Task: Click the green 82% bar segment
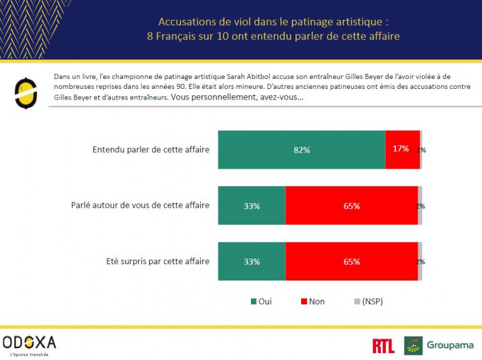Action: (x=301, y=150)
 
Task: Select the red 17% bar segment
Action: (x=402, y=149)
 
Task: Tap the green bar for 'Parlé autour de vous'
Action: (x=251, y=205)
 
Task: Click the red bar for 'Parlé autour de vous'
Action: (x=351, y=205)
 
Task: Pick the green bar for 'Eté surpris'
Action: (x=251, y=262)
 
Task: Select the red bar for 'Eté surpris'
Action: (x=351, y=262)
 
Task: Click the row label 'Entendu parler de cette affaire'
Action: (x=150, y=150)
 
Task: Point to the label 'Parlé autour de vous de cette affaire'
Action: (x=140, y=205)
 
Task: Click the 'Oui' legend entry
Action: (x=261, y=302)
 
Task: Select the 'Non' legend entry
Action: (x=312, y=302)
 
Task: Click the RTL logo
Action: (x=383, y=346)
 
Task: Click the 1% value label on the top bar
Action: (x=422, y=150)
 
